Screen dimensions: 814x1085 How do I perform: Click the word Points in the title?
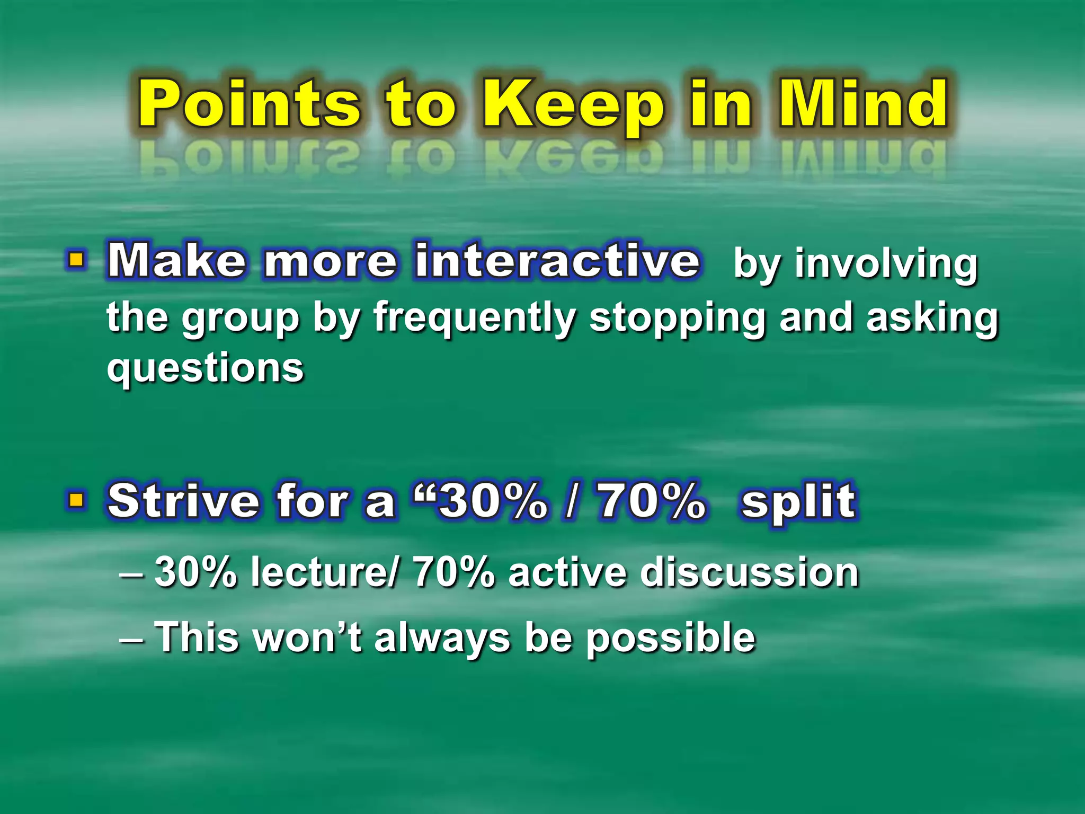249,104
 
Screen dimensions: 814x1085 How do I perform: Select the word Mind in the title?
863,104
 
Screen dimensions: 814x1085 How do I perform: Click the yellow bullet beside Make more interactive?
77,260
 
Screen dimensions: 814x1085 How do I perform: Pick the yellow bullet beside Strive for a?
77,499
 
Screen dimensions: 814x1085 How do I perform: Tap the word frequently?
474,318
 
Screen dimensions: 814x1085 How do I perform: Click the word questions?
205,368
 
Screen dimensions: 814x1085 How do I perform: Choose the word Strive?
183,501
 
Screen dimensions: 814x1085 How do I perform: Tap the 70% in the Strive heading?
652,501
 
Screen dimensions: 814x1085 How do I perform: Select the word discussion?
749,572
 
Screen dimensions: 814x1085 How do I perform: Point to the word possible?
670,638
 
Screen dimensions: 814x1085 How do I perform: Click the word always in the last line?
442,638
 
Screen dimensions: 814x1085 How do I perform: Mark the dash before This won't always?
131,638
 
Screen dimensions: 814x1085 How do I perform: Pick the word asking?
932,318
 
